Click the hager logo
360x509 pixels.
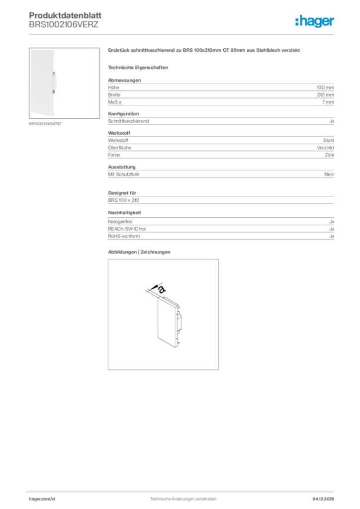(314, 21)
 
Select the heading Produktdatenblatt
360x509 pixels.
(65, 16)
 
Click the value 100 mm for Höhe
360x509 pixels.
(325, 87)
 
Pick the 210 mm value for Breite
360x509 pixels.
(325, 94)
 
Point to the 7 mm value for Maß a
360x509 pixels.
(328, 102)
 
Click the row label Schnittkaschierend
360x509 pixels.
(128, 121)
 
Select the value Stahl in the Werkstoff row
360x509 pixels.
(328, 141)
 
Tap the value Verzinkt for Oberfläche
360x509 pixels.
(325, 148)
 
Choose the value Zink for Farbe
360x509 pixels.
(329, 155)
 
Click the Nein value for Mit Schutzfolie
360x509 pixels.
(329, 174)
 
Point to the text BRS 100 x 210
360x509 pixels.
(123, 200)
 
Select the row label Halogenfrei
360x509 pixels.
(120, 221)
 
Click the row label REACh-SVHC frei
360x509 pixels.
(127, 229)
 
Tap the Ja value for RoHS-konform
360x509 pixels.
(331, 236)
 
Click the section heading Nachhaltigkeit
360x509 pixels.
(124, 212)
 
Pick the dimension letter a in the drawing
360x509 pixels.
(161, 289)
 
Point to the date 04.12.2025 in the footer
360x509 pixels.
(323, 499)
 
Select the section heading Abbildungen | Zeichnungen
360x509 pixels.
(139, 252)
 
